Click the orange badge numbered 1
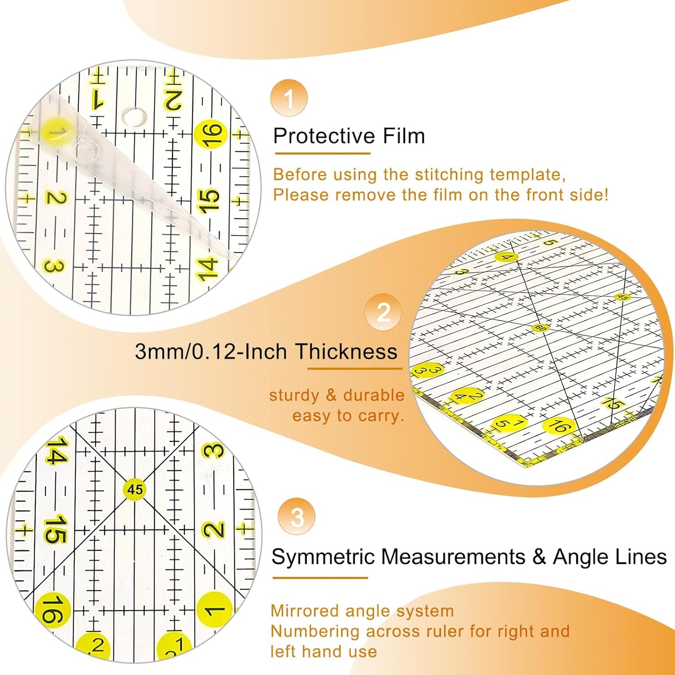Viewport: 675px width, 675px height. click(x=289, y=98)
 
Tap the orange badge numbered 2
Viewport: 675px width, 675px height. click(x=383, y=312)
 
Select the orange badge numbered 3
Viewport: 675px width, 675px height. click(x=297, y=517)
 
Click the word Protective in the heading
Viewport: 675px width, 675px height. click(x=324, y=136)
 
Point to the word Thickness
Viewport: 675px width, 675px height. click(x=346, y=351)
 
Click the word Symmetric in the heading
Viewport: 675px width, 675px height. click(x=323, y=557)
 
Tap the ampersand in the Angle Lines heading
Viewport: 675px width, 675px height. click(x=539, y=557)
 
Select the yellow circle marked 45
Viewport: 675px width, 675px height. click(x=135, y=489)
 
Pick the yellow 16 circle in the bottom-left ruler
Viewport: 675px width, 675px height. click(x=52, y=610)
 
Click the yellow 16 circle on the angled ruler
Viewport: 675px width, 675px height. click(x=559, y=426)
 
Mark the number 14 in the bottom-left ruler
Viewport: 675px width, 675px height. click(x=56, y=451)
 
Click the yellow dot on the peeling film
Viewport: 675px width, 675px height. click(x=57, y=133)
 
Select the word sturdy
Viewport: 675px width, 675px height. click(x=293, y=395)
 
